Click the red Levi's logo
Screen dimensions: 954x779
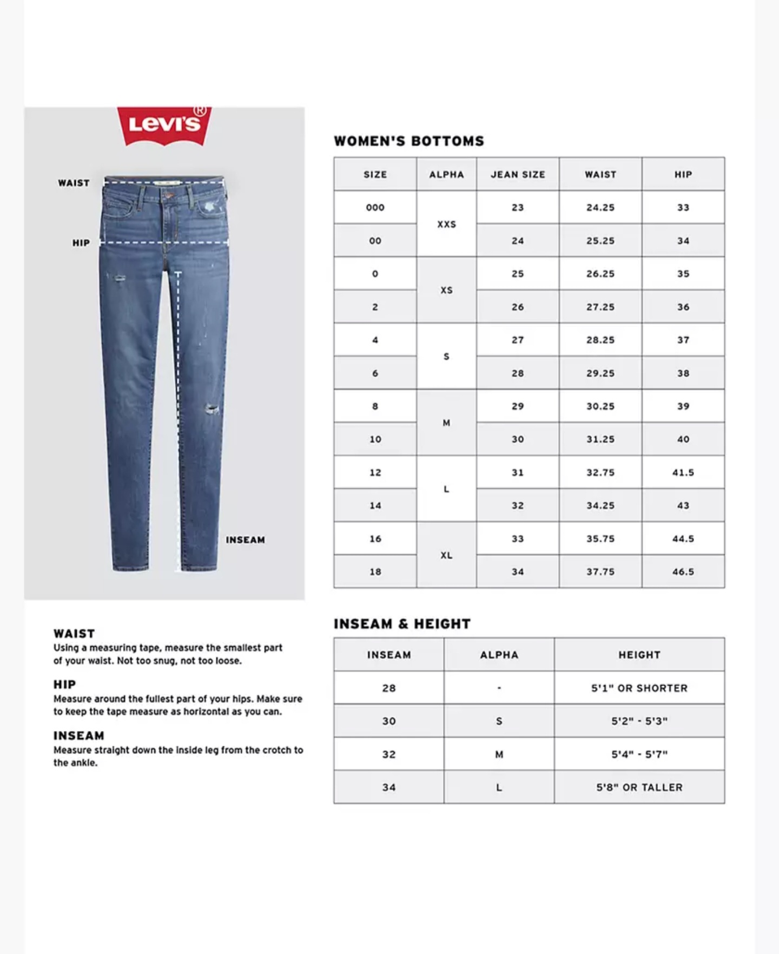click(164, 126)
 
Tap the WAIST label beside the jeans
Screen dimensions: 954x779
click(74, 183)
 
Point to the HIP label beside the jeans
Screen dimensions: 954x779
click(81, 243)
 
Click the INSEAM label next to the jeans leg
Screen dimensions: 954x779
click(246, 540)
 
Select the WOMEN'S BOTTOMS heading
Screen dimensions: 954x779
click(409, 141)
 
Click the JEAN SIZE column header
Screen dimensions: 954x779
click(518, 175)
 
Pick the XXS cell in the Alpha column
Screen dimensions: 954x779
click(446, 224)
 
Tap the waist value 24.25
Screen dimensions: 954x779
click(600, 208)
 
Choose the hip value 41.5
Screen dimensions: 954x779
click(683, 473)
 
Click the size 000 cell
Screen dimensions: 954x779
click(375, 208)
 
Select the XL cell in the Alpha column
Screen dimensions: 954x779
click(446, 555)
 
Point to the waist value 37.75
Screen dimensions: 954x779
click(600, 572)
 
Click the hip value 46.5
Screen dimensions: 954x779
click(683, 572)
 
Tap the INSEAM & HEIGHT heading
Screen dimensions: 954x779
click(402, 624)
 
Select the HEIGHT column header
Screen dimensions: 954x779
click(639, 655)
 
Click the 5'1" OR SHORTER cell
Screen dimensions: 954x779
click(639, 688)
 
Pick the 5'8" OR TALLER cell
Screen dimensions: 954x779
click(639, 788)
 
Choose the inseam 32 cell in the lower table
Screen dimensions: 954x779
click(389, 754)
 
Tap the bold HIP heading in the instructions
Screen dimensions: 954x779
click(64, 685)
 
